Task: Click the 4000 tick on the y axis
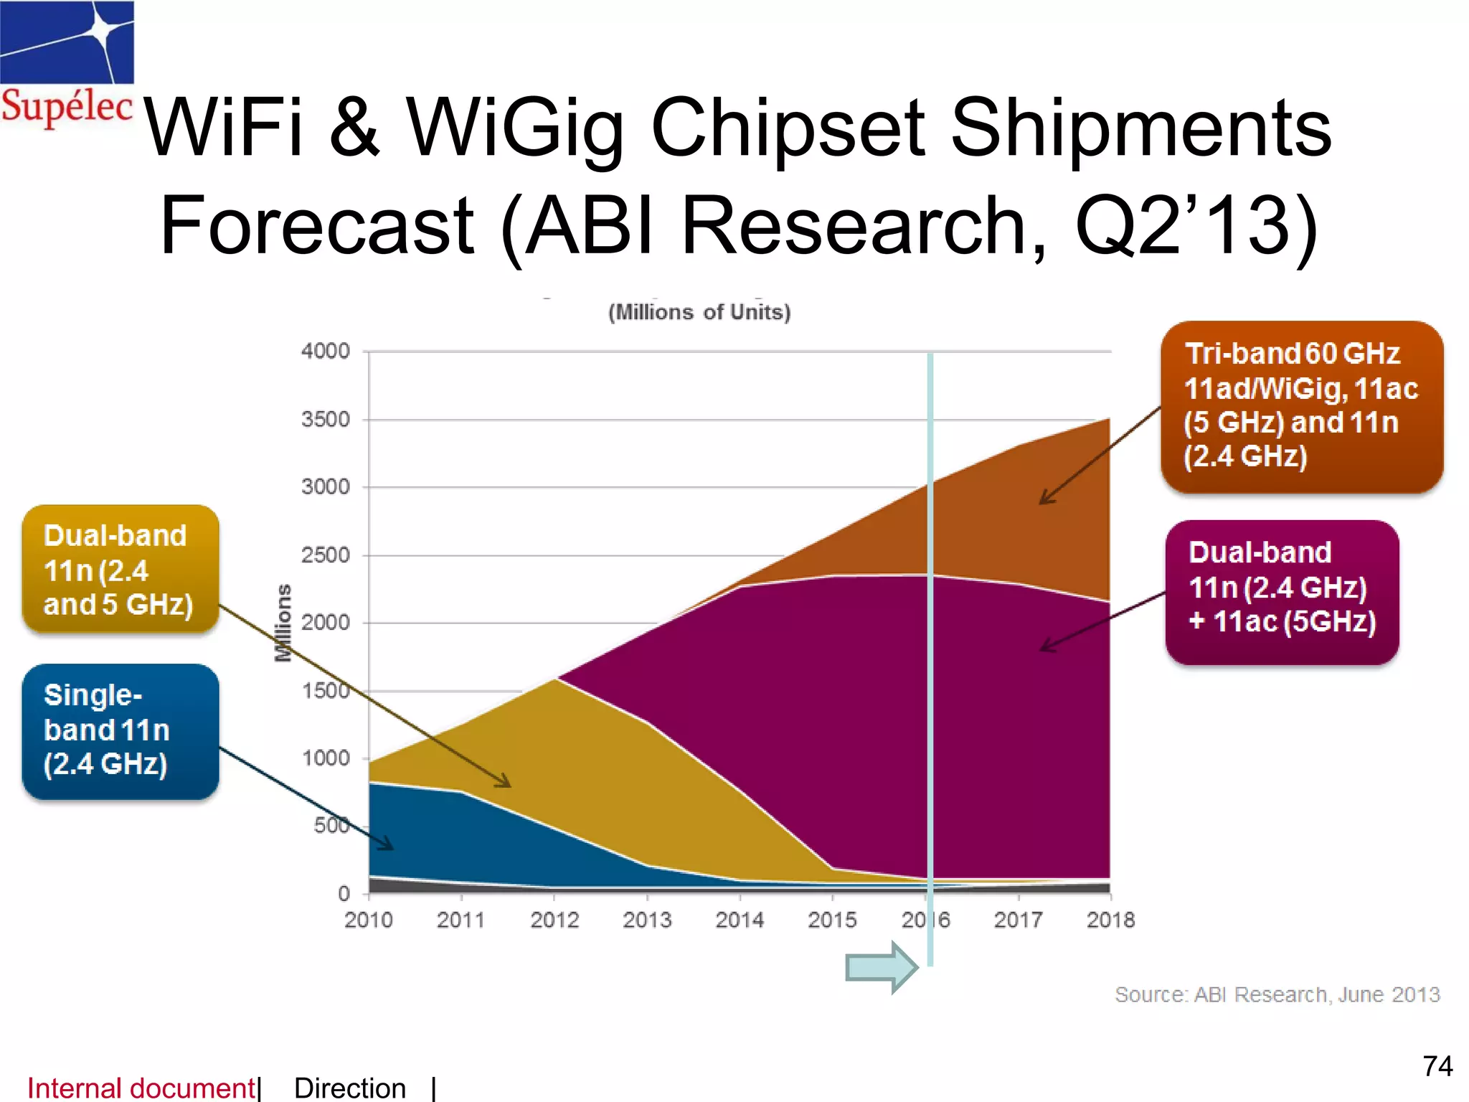[326, 351]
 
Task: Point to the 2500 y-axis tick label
[326, 555]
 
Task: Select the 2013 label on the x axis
[646, 920]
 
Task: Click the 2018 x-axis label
[1110, 920]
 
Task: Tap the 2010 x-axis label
[369, 920]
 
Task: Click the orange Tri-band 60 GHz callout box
[1301, 406]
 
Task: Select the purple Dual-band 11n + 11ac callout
[1282, 591]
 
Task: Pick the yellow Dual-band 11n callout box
[120, 570]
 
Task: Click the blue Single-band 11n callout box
[120, 730]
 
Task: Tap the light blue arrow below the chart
[882, 968]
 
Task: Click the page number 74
[1437, 1066]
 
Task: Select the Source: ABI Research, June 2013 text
[1277, 994]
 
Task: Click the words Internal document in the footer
[141, 1088]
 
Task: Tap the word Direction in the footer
[349, 1088]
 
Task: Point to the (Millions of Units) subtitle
[699, 312]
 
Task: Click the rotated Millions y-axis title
[284, 622]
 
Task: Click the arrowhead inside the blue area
[388, 844]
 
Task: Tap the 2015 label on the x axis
[832, 920]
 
